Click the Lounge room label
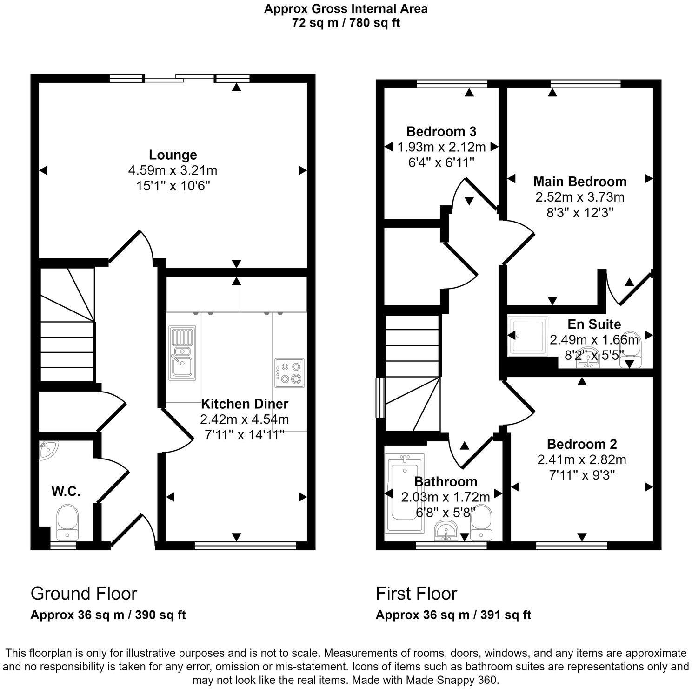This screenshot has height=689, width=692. point(173,155)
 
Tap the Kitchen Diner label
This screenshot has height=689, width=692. point(244,404)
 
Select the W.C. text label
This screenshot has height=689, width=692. point(66,491)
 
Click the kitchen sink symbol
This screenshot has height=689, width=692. point(182,352)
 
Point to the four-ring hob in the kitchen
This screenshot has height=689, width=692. point(289,373)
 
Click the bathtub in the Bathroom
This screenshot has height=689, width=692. point(406,493)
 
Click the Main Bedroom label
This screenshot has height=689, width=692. point(579,181)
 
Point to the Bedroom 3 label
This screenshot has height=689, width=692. point(441,131)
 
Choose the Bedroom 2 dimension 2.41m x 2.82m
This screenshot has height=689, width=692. point(581,460)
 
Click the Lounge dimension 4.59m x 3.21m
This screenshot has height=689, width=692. point(173,170)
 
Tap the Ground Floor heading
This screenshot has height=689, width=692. point(84,594)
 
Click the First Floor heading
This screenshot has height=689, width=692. point(416,594)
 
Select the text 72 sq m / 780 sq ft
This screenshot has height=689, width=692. point(346,23)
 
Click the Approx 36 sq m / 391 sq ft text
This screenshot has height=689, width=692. point(453,615)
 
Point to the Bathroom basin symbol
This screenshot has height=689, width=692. point(446,531)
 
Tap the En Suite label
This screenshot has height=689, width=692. point(594,324)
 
